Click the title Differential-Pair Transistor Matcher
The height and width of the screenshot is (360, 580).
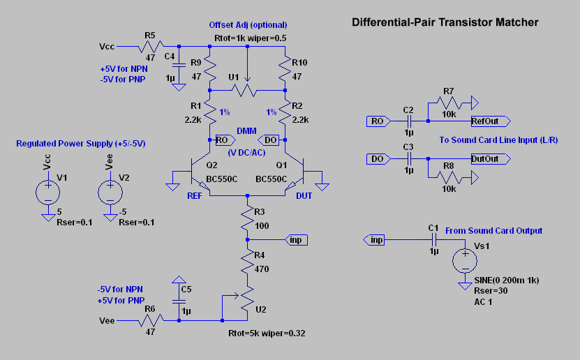pos(445,22)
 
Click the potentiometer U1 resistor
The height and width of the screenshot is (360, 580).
pos(248,90)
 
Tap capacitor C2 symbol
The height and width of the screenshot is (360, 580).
pos(409,121)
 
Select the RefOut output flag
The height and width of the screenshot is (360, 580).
pos(489,121)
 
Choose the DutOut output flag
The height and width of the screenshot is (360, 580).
pos(489,159)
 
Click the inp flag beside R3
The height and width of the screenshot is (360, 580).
pos(297,240)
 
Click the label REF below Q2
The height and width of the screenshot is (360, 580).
pos(195,196)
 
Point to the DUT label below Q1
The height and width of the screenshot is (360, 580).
pos(304,196)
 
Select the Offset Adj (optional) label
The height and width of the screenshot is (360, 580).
pos(248,25)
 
